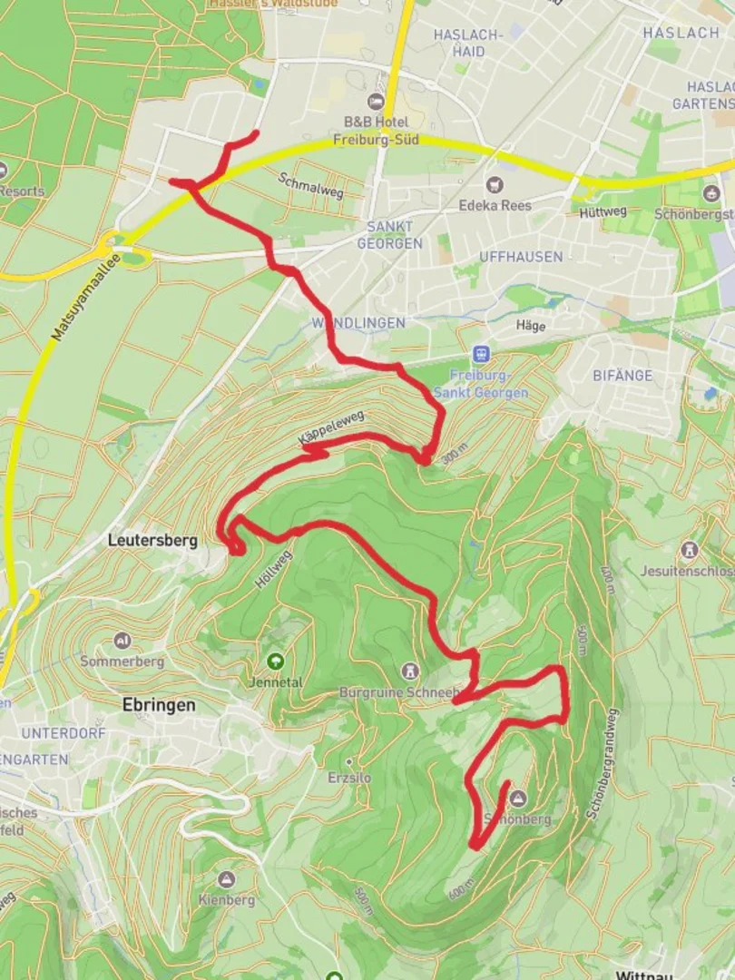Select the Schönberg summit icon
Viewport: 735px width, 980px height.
[x=518, y=799]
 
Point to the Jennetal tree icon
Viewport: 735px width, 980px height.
[x=275, y=661]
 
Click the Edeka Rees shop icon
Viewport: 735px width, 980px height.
[x=495, y=184]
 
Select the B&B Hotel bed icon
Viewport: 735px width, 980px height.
[x=376, y=102]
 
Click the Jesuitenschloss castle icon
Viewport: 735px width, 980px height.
[x=691, y=550]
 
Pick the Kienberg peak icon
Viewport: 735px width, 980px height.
[x=226, y=879]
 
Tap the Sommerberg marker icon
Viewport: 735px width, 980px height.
[x=122, y=641]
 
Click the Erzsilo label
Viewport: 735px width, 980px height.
[x=350, y=777]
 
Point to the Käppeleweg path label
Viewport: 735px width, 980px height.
[x=331, y=427]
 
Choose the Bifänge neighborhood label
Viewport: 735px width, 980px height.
[x=622, y=375]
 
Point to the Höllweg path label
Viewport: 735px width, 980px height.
[x=269, y=568]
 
